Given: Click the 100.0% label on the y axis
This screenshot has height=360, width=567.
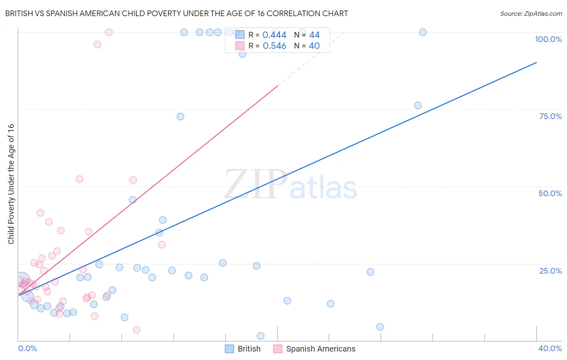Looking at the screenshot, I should [548, 39].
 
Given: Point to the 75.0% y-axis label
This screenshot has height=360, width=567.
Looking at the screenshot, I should [550, 116].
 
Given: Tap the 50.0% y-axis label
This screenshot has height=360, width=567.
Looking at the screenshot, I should [550, 193].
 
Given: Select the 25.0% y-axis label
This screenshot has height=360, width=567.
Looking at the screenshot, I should [550, 271].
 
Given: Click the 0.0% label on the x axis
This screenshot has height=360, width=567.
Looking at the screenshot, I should [27, 348].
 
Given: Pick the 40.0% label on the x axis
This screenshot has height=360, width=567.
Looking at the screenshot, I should [550, 348].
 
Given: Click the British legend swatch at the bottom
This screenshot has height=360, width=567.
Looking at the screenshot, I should [229, 349].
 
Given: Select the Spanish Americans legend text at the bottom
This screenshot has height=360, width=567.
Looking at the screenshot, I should [321, 349].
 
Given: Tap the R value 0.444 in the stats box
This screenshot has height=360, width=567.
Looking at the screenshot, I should [274, 35].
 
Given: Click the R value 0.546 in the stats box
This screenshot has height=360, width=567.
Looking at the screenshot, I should [274, 46].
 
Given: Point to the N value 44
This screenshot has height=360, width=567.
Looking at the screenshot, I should [314, 35].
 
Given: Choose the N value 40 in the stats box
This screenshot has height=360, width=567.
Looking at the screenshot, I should [314, 46].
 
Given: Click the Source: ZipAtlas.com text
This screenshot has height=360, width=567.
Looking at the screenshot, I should [531, 13].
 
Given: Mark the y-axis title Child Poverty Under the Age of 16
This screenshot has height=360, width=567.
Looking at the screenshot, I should [11, 184].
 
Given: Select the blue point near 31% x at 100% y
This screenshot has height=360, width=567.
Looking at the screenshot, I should [423, 32].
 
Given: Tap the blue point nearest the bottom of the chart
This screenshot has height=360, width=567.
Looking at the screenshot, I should [261, 336].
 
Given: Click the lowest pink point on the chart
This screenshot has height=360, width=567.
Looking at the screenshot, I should [136, 330].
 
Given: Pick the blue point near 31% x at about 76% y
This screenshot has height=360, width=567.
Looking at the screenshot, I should [418, 105].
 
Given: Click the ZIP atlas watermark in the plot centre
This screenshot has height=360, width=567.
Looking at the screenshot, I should [290, 185].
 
